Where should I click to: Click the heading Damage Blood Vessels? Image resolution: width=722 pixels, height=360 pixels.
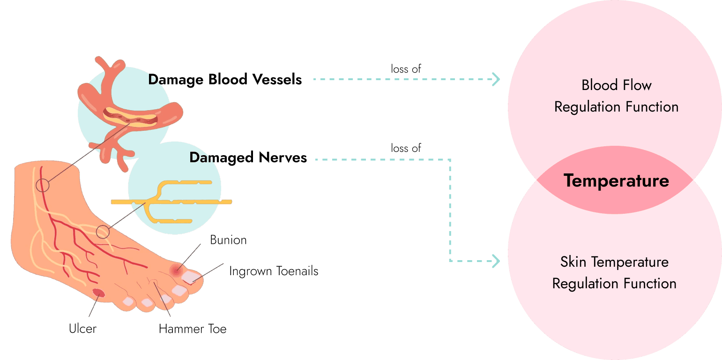[x=225, y=79]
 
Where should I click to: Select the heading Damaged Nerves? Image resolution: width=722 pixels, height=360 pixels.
[x=248, y=157]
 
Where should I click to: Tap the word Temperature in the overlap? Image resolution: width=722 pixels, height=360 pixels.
[x=616, y=180]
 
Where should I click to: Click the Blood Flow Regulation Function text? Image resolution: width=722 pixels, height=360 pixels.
[x=616, y=96]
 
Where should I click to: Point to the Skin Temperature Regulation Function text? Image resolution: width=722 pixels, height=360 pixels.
[x=614, y=272]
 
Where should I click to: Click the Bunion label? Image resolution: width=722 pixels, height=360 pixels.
[x=228, y=240]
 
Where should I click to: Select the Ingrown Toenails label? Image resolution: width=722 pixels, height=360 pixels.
[x=274, y=271]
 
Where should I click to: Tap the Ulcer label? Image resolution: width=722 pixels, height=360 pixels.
[x=82, y=328]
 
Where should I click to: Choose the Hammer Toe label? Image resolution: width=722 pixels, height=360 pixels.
[x=193, y=329]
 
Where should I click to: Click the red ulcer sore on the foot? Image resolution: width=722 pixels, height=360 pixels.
[x=98, y=293]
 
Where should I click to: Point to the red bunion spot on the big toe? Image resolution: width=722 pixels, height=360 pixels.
[x=177, y=270]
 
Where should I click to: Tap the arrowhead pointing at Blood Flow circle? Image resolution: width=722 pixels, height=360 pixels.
[x=496, y=79]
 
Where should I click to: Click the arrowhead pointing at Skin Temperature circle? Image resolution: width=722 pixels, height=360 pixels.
[x=496, y=261]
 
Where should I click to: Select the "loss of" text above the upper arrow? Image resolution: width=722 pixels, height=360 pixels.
[x=406, y=68]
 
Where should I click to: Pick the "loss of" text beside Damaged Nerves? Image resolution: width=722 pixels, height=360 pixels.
[x=406, y=148]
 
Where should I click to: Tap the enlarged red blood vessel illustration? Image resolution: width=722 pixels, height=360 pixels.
[x=129, y=115]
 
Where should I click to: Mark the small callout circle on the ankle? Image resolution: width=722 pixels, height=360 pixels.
[x=42, y=185]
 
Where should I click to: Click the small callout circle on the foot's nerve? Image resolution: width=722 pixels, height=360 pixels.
[x=103, y=231]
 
